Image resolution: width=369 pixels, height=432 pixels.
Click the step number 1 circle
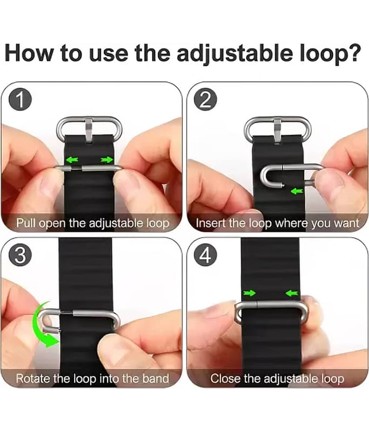[x=20, y=100]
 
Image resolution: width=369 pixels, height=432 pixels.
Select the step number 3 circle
[x=20, y=255]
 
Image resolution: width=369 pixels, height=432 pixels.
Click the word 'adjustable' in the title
[x=234, y=53]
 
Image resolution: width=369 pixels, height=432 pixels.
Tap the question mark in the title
[x=354, y=52]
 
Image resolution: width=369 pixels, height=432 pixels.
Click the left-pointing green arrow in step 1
[x=72, y=159]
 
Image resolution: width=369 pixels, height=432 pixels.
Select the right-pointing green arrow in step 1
[x=107, y=159]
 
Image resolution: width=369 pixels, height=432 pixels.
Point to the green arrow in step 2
[x=297, y=191]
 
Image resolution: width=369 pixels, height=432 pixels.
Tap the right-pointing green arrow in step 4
[x=250, y=293]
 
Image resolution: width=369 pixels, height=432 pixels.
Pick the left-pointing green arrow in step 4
[x=292, y=293]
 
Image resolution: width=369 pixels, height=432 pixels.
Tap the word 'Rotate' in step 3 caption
[x=33, y=379]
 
